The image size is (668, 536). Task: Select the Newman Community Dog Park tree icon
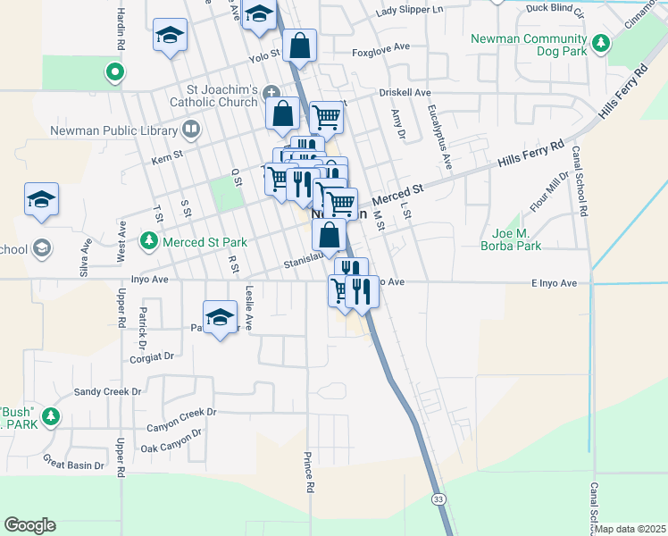[602, 42]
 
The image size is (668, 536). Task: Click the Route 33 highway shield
[438, 498]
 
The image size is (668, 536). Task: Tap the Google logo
[29, 525]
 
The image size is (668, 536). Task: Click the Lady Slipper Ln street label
[410, 10]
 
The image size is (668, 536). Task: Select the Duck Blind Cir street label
[555, 10]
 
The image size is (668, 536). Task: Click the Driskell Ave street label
[404, 92]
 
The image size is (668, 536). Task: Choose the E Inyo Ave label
[555, 283]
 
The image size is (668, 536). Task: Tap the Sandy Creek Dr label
[107, 391]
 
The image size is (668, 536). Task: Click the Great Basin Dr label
[74, 461]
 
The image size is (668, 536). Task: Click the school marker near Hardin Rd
[169, 37]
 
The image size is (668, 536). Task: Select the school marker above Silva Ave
[41, 200]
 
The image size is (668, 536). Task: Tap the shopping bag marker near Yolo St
[300, 46]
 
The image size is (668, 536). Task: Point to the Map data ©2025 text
[630, 529]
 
